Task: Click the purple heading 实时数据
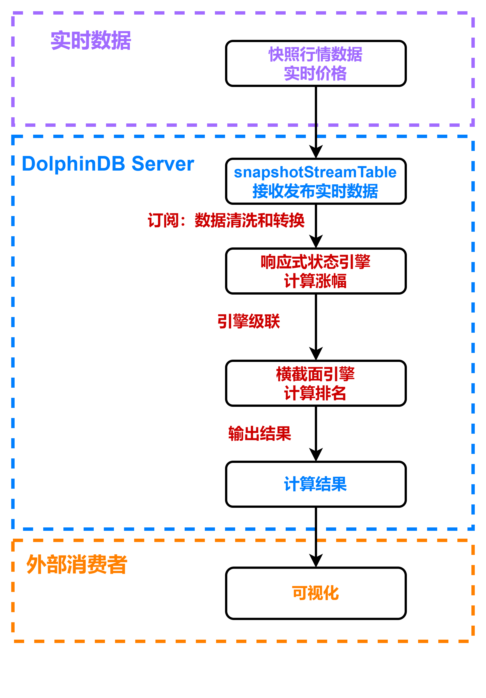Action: [91, 40]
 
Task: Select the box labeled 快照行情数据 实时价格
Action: [315, 63]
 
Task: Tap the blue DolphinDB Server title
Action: [108, 164]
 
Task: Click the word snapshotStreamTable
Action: [315, 172]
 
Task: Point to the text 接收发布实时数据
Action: [315, 191]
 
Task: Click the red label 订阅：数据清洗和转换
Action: [226, 220]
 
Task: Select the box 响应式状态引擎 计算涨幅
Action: [315, 271]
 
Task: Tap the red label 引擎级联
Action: [249, 321]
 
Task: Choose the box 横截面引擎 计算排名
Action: [315, 383]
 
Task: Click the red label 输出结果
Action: [260, 433]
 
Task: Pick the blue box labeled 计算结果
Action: [315, 484]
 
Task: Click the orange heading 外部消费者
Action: [77, 564]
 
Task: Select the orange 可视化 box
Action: [315, 593]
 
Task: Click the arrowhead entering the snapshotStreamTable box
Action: [316, 151]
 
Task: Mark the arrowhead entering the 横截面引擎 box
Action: [316, 353]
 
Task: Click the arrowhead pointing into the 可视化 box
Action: [316, 560]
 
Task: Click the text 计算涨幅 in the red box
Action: [315, 281]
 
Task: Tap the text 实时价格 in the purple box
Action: [315, 73]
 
